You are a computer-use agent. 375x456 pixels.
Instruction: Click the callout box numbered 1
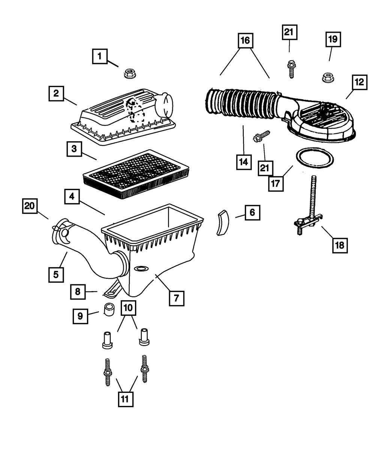click(99, 57)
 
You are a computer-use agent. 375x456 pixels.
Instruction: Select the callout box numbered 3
click(74, 149)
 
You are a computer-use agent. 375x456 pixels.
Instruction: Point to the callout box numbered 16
click(244, 41)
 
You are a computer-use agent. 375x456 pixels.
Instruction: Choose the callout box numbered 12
click(359, 82)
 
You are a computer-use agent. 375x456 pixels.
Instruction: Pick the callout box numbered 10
click(128, 308)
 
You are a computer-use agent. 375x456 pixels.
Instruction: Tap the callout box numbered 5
click(55, 274)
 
